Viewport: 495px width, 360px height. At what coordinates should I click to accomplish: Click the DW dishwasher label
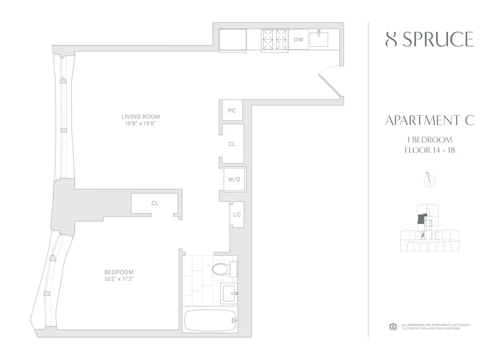click(298, 39)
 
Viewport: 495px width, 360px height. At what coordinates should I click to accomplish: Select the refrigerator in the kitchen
click(233, 40)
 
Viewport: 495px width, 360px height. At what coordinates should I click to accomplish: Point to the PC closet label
click(232, 111)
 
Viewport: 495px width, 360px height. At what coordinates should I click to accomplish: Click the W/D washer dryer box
click(234, 179)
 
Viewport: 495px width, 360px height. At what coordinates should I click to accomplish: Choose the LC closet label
click(237, 214)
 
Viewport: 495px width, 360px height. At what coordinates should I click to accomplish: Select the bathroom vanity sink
click(228, 294)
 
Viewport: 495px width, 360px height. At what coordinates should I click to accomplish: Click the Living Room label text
click(141, 117)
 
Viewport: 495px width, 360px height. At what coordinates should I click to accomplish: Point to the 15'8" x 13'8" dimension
click(141, 124)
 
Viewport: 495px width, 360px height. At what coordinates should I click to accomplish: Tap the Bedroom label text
click(119, 272)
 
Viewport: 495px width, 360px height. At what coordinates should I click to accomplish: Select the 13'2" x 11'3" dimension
click(119, 279)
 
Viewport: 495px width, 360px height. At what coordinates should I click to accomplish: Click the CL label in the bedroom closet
click(155, 203)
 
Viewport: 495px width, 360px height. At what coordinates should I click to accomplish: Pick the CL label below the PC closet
click(232, 144)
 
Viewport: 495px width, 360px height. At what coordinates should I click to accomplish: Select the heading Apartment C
click(429, 120)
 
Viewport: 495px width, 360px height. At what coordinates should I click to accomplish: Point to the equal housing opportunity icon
click(394, 326)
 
